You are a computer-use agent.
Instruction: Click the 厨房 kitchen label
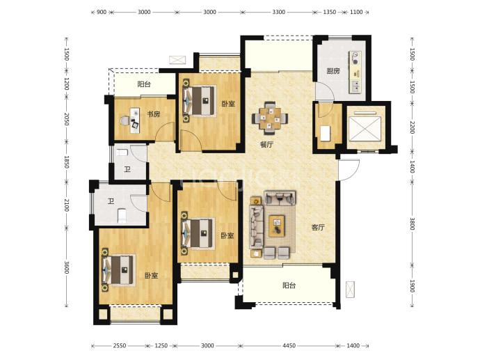(x=333, y=71)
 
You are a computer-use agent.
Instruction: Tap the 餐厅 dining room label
(x=266, y=144)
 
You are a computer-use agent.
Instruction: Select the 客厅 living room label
(x=318, y=227)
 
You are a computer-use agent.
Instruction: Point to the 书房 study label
(x=153, y=114)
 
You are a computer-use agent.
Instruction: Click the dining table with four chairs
(x=270, y=118)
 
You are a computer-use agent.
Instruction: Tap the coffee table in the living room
(x=276, y=226)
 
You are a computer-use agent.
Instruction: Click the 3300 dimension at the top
(x=278, y=12)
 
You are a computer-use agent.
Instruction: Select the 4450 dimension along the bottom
(x=289, y=345)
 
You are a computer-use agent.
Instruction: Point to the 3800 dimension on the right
(x=413, y=224)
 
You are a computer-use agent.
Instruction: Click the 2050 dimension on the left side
(x=67, y=119)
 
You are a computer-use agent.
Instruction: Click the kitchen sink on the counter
(x=355, y=86)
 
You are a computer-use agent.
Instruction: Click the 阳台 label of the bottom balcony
(x=289, y=285)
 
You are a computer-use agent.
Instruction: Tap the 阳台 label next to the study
(x=144, y=84)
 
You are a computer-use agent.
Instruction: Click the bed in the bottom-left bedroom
(x=119, y=270)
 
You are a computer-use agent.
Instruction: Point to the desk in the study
(x=135, y=120)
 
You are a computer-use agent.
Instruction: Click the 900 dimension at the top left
(x=102, y=12)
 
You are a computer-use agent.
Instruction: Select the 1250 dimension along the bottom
(x=161, y=345)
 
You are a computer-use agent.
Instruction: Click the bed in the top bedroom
(x=200, y=101)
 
